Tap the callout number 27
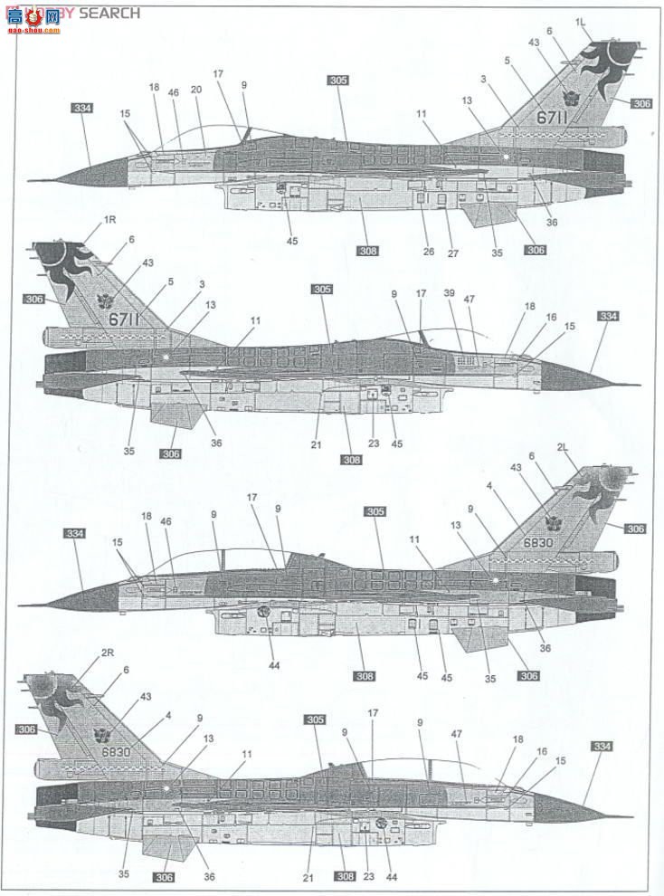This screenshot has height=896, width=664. (x=453, y=253)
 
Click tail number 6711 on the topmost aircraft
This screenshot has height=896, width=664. (x=550, y=116)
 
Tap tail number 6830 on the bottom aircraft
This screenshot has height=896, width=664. (x=117, y=751)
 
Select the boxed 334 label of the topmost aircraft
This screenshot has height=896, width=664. (x=81, y=108)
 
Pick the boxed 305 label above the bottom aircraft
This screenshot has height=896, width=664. (x=314, y=720)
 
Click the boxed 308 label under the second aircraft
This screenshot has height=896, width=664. (x=352, y=460)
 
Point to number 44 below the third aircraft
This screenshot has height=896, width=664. (x=273, y=665)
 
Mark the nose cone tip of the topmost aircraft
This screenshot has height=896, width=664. (x=30, y=180)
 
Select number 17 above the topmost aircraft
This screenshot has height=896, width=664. (x=217, y=73)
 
